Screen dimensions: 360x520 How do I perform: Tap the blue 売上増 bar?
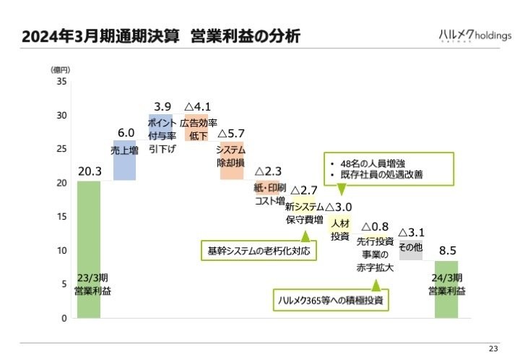point(124,160)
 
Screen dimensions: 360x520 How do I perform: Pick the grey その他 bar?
point(411,249)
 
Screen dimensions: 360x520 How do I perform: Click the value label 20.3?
point(89,171)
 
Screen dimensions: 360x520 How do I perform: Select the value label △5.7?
point(231,134)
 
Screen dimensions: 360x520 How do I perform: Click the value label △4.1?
point(196,106)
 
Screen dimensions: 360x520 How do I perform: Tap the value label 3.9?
point(162,106)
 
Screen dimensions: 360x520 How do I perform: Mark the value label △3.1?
point(411,232)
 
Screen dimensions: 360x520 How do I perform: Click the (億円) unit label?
point(61,69)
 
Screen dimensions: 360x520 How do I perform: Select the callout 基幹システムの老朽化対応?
point(259,251)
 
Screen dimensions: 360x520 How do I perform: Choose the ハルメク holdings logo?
point(474,35)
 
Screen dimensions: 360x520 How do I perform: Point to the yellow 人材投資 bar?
point(339,229)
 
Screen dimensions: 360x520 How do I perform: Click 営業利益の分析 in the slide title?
point(246,36)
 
